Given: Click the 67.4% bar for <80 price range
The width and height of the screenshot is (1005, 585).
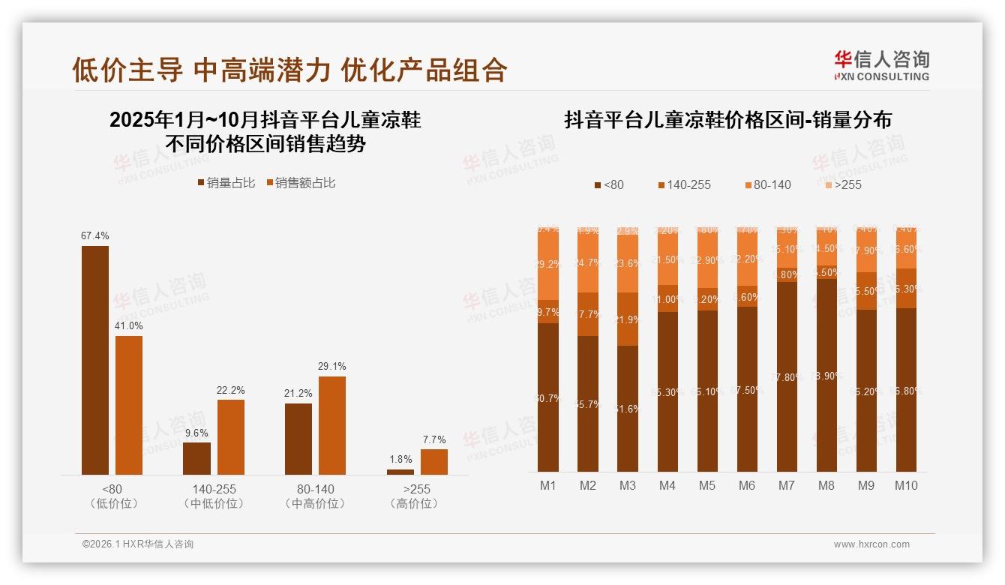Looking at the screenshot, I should coord(95,360).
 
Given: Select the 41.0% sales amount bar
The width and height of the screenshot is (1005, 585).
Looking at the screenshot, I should coord(129,405).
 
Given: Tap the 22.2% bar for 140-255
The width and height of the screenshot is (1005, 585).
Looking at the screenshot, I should coord(231,436).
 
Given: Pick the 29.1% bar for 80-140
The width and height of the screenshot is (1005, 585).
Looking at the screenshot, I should coord(332,425).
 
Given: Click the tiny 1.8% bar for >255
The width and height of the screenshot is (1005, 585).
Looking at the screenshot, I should coord(400,472).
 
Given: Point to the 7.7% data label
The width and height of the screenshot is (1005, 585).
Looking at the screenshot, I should coord(433,439).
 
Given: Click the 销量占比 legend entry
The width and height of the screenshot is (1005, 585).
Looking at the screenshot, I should coord(226,182).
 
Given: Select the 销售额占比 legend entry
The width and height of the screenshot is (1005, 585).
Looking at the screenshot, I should coord(300,182).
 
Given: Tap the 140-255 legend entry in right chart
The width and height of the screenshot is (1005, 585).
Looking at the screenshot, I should coord(684,184).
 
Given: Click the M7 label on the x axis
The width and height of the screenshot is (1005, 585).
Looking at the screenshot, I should coord(786,485).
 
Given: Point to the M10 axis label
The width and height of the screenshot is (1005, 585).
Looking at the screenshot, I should coord(906,485).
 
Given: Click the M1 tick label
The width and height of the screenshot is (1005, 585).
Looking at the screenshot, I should coord(548,485).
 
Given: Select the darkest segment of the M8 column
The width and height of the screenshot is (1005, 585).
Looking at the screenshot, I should coord(826,375).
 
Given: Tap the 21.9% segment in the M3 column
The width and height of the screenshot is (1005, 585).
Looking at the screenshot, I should coord(628,319).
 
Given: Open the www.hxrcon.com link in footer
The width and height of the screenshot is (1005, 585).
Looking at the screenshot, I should coord(871,544).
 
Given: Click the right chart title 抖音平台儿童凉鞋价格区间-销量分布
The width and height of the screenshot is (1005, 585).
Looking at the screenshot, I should coord(727,120).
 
